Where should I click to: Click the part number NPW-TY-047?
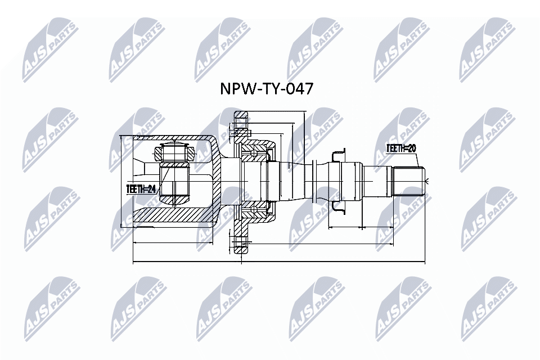click(267, 89)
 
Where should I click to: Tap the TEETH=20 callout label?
click(401, 148)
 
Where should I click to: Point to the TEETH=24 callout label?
click(142, 189)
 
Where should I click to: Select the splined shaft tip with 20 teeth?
click(409, 181)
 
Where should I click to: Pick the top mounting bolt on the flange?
click(241, 132)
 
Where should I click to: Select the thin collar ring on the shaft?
click(313, 181)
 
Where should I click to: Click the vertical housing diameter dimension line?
click(121, 182)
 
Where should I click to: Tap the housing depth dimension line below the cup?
click(173, 243)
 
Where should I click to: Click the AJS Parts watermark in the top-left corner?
click(50, 51)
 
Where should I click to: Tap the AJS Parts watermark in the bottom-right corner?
click(489, 309)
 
